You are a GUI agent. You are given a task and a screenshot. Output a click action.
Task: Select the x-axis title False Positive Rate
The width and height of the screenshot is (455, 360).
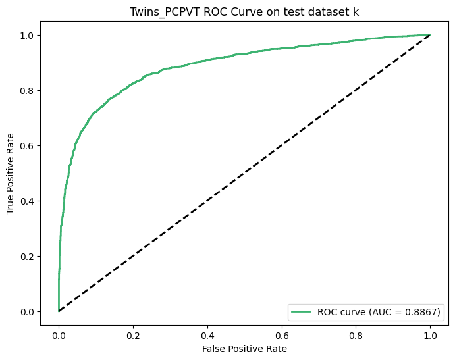pos(244,347)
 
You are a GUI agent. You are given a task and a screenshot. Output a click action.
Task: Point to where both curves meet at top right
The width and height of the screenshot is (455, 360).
pos(430,35)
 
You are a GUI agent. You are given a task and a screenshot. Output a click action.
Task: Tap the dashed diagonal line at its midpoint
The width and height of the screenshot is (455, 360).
pos(244,173)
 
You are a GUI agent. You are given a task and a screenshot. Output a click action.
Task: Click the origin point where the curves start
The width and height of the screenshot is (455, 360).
pos(59,311)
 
